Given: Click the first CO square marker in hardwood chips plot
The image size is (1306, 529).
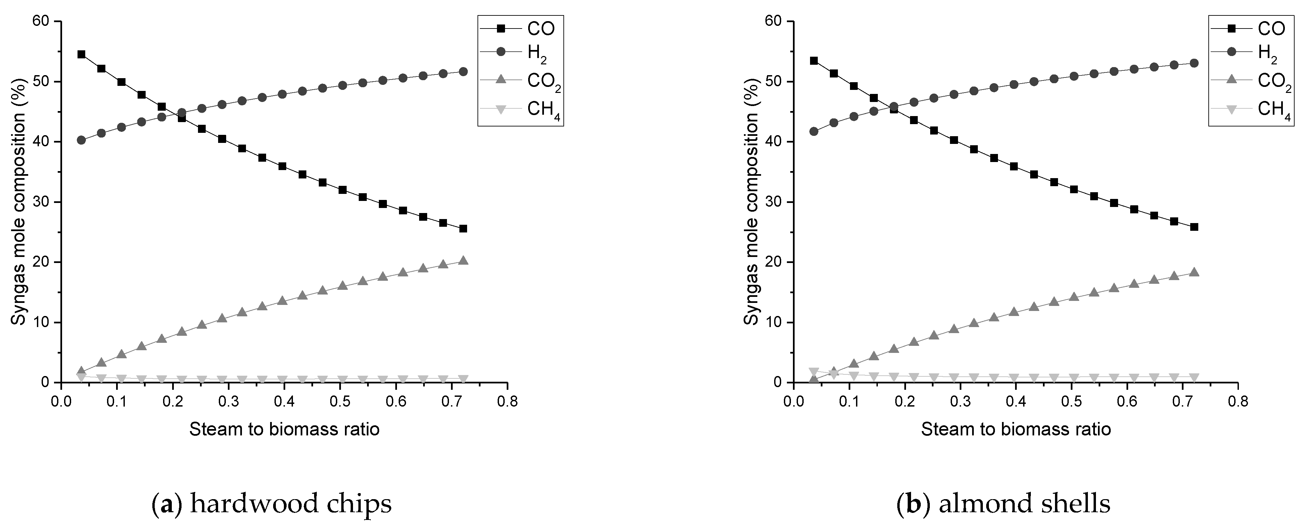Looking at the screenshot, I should click(x=81, y=54).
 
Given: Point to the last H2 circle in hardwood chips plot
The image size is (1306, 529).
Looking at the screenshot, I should click(x=463, y=71).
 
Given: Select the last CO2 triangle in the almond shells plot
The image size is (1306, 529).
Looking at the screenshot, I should click(x=1194, y=272).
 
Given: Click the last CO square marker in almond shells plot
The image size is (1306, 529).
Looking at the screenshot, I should click(x=1194, y=227).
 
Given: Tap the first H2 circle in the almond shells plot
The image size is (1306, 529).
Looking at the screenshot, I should click(x=814, y=131).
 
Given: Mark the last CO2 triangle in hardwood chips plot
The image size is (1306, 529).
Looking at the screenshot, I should click(x=463, y=260).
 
